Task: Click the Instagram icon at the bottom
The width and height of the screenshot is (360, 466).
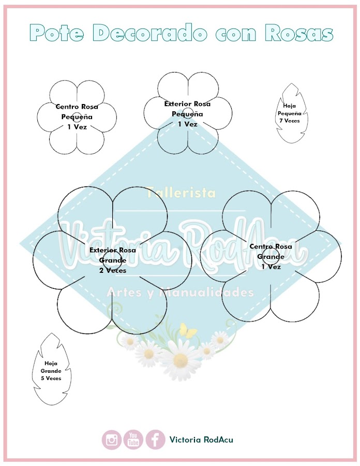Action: [x=111, y=440]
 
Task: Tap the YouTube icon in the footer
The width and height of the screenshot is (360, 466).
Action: [x=133, y=440]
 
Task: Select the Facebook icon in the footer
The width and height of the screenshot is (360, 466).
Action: [x=155, y=440]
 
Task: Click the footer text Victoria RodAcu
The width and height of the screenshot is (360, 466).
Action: [x=201, y=440]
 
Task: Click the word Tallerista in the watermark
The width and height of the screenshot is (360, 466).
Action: [x=181, y=193]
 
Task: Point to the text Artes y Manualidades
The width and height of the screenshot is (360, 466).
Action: [x=180, y=293]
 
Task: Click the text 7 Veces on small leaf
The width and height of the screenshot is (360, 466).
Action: [x=289, y=121]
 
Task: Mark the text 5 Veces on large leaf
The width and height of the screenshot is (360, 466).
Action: [x=51, y=378]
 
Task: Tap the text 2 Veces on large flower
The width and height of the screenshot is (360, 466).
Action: [x=113, y=270]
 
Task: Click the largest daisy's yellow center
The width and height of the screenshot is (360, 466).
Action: [x=179, y=360]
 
